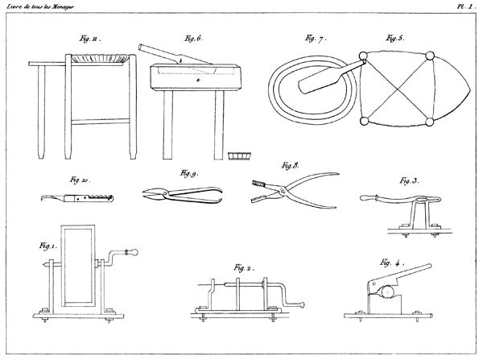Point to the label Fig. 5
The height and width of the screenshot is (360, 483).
392,37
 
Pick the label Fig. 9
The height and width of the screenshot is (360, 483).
188,173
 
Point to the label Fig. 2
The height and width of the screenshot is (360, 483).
244,266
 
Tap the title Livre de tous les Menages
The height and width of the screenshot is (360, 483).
43,6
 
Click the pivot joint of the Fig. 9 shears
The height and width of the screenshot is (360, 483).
180,192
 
